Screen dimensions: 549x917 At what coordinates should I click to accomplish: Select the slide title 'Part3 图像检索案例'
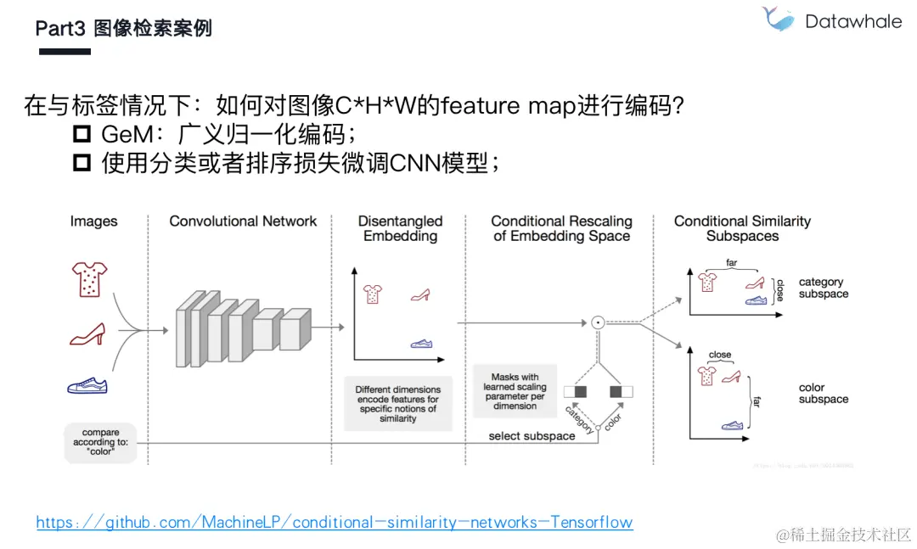(123, 28)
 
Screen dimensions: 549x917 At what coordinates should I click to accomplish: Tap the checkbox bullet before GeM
(82, 134)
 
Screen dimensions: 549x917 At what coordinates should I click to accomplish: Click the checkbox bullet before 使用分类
(82, 163)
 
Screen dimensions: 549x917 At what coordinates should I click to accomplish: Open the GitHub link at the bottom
(335, 522)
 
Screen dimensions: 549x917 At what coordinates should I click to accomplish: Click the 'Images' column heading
(93, 221)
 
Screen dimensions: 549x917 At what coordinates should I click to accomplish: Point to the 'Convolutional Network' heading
(243, 221)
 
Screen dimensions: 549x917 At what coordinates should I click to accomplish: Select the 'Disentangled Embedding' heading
(400, 228)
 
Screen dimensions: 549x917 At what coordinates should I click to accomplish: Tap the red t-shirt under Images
(88, 278)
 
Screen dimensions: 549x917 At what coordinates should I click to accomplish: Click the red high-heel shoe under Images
(87, 333)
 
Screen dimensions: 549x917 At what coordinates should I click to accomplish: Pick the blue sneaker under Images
(87, 385)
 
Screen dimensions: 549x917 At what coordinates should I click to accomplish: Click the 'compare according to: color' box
(101, 441)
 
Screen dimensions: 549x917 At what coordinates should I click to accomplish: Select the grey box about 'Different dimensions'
(397, 404)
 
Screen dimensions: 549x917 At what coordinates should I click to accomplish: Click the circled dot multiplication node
(597, 322)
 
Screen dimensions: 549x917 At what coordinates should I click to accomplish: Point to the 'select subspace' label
(532, 436)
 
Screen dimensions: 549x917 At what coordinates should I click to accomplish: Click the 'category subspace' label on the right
(823, 288)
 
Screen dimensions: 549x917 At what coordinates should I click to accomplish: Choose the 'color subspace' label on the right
(823, 393)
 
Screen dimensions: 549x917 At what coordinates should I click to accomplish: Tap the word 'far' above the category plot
(732, 263)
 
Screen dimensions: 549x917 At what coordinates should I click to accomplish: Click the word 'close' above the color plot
(720, 355)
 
